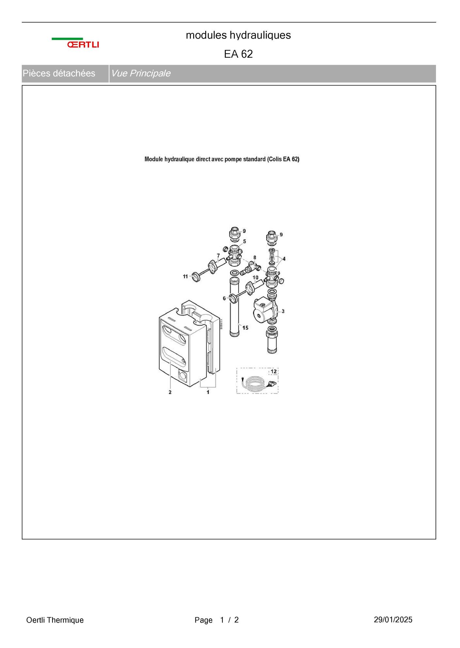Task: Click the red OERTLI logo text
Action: point(83,44)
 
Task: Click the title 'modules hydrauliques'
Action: point(238,35)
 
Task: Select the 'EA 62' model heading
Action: point(238,54)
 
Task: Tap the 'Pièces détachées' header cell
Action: point(59,73)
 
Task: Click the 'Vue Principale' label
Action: point(141,73)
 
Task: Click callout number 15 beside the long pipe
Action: point(245,328)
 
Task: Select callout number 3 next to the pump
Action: point(283,311)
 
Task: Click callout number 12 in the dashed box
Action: point(274,372)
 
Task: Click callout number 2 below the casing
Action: point(170,392)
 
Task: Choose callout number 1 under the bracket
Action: point(208,392)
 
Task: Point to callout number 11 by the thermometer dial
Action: point(185,277)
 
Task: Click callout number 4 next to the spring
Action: point(284,259)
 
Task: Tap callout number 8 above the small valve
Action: point(255,258)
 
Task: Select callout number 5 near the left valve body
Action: point(244,241)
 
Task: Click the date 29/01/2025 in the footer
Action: point(393,620)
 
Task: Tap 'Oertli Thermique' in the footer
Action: point(55,620)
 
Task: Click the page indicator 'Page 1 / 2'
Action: point(217,620)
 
